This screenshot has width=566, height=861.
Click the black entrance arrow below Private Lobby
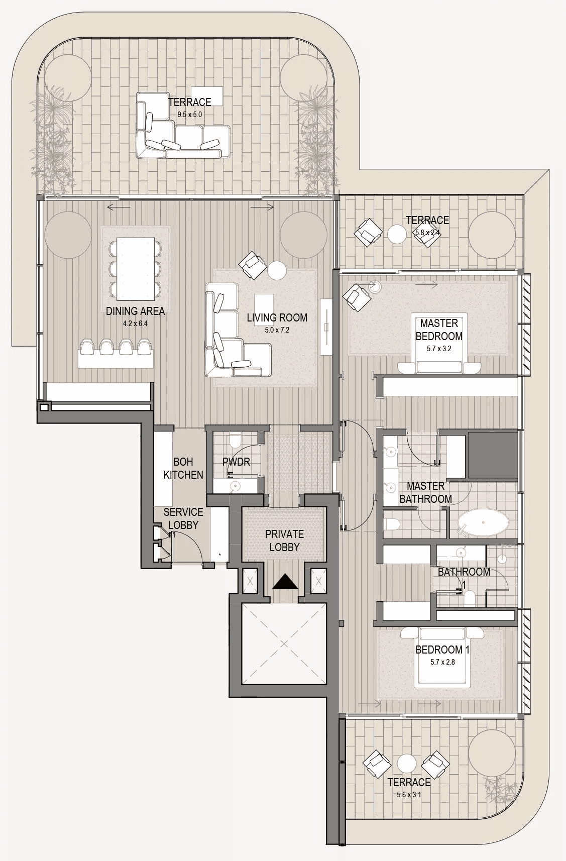(x=285, y=581)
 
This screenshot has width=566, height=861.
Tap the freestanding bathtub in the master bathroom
(x=483, y=523)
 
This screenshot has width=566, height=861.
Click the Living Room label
(x=277, y=318)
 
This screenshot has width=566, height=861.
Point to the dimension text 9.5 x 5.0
(x=189, y=115)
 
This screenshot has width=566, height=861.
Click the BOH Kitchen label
(x=183, y=468)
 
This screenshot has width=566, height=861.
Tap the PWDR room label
(x=237, y=462)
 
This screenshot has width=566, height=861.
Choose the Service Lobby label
(x=183, y=518)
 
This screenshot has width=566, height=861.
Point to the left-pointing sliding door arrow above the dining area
(x=119, y=207)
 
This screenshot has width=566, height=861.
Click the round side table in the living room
(x=277, y=271)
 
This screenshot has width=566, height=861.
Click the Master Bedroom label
(x=439, y=330)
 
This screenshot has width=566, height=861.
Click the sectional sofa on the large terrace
(x=183, y=125)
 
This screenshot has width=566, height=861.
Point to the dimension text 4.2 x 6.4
(x=135, y=324)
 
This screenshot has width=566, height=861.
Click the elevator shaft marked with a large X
(x=284, y=644)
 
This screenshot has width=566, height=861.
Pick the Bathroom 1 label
(x=464, y=578)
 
